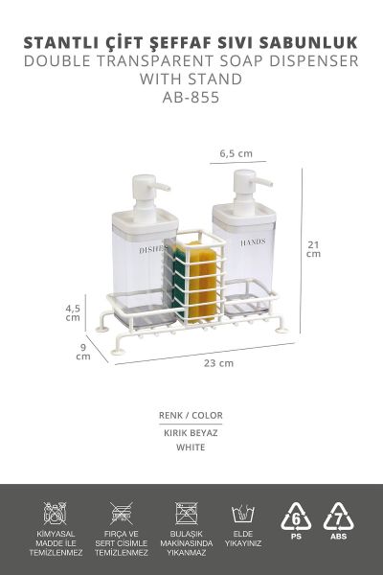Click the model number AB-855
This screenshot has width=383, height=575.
pyautogui.click(x=191, y=97)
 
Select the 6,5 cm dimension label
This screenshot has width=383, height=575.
pyautogui.click(x=237, y=153)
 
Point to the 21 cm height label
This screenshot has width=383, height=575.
pyautogui.click(x=313, y=249)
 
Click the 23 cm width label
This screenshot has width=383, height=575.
pyautogui.click(x=219, y=363)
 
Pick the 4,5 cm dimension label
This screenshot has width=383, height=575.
pyautogui.click(x=73, y=312)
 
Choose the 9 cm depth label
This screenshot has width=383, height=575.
pyautogui.click(x=83, y=352)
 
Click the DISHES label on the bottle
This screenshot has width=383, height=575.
pyautogui.click(x=152, y=250)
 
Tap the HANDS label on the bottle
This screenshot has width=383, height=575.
pyautogui.click(x=253, y=242)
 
